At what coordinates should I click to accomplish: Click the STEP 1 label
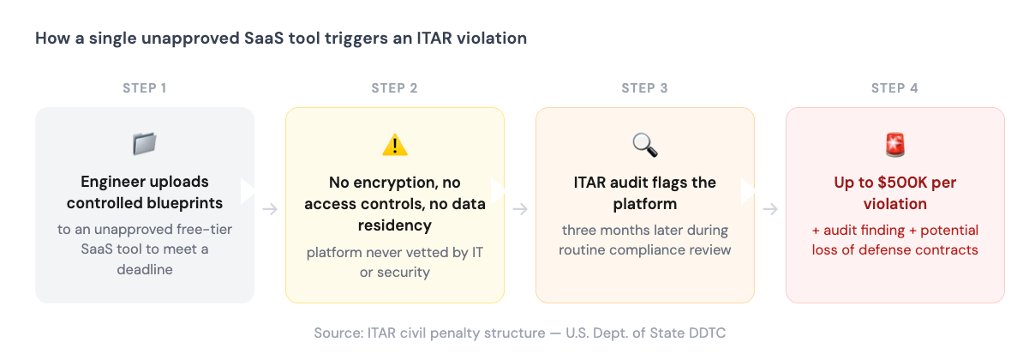pos(144,88)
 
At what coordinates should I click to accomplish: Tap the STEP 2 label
pos(394,88)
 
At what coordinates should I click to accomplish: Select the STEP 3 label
pos(644,88)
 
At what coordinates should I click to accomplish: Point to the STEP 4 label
pos(894,88)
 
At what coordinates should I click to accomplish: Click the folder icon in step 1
pos(144,144)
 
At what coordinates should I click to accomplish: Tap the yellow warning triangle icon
pos(394,145)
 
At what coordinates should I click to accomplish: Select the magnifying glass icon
pos(644,144)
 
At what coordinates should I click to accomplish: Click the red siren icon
pos(894,144)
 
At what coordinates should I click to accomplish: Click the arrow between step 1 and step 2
pos(270,208)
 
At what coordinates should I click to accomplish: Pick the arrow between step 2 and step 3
pos(520,208)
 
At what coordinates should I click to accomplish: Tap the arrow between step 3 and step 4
pos(770,208)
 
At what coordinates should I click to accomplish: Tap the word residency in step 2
pos(395,226)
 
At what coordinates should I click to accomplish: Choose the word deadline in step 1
pos(145,269)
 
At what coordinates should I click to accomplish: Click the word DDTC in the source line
pos(709,332)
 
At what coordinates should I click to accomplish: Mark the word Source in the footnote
pos(338,332)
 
